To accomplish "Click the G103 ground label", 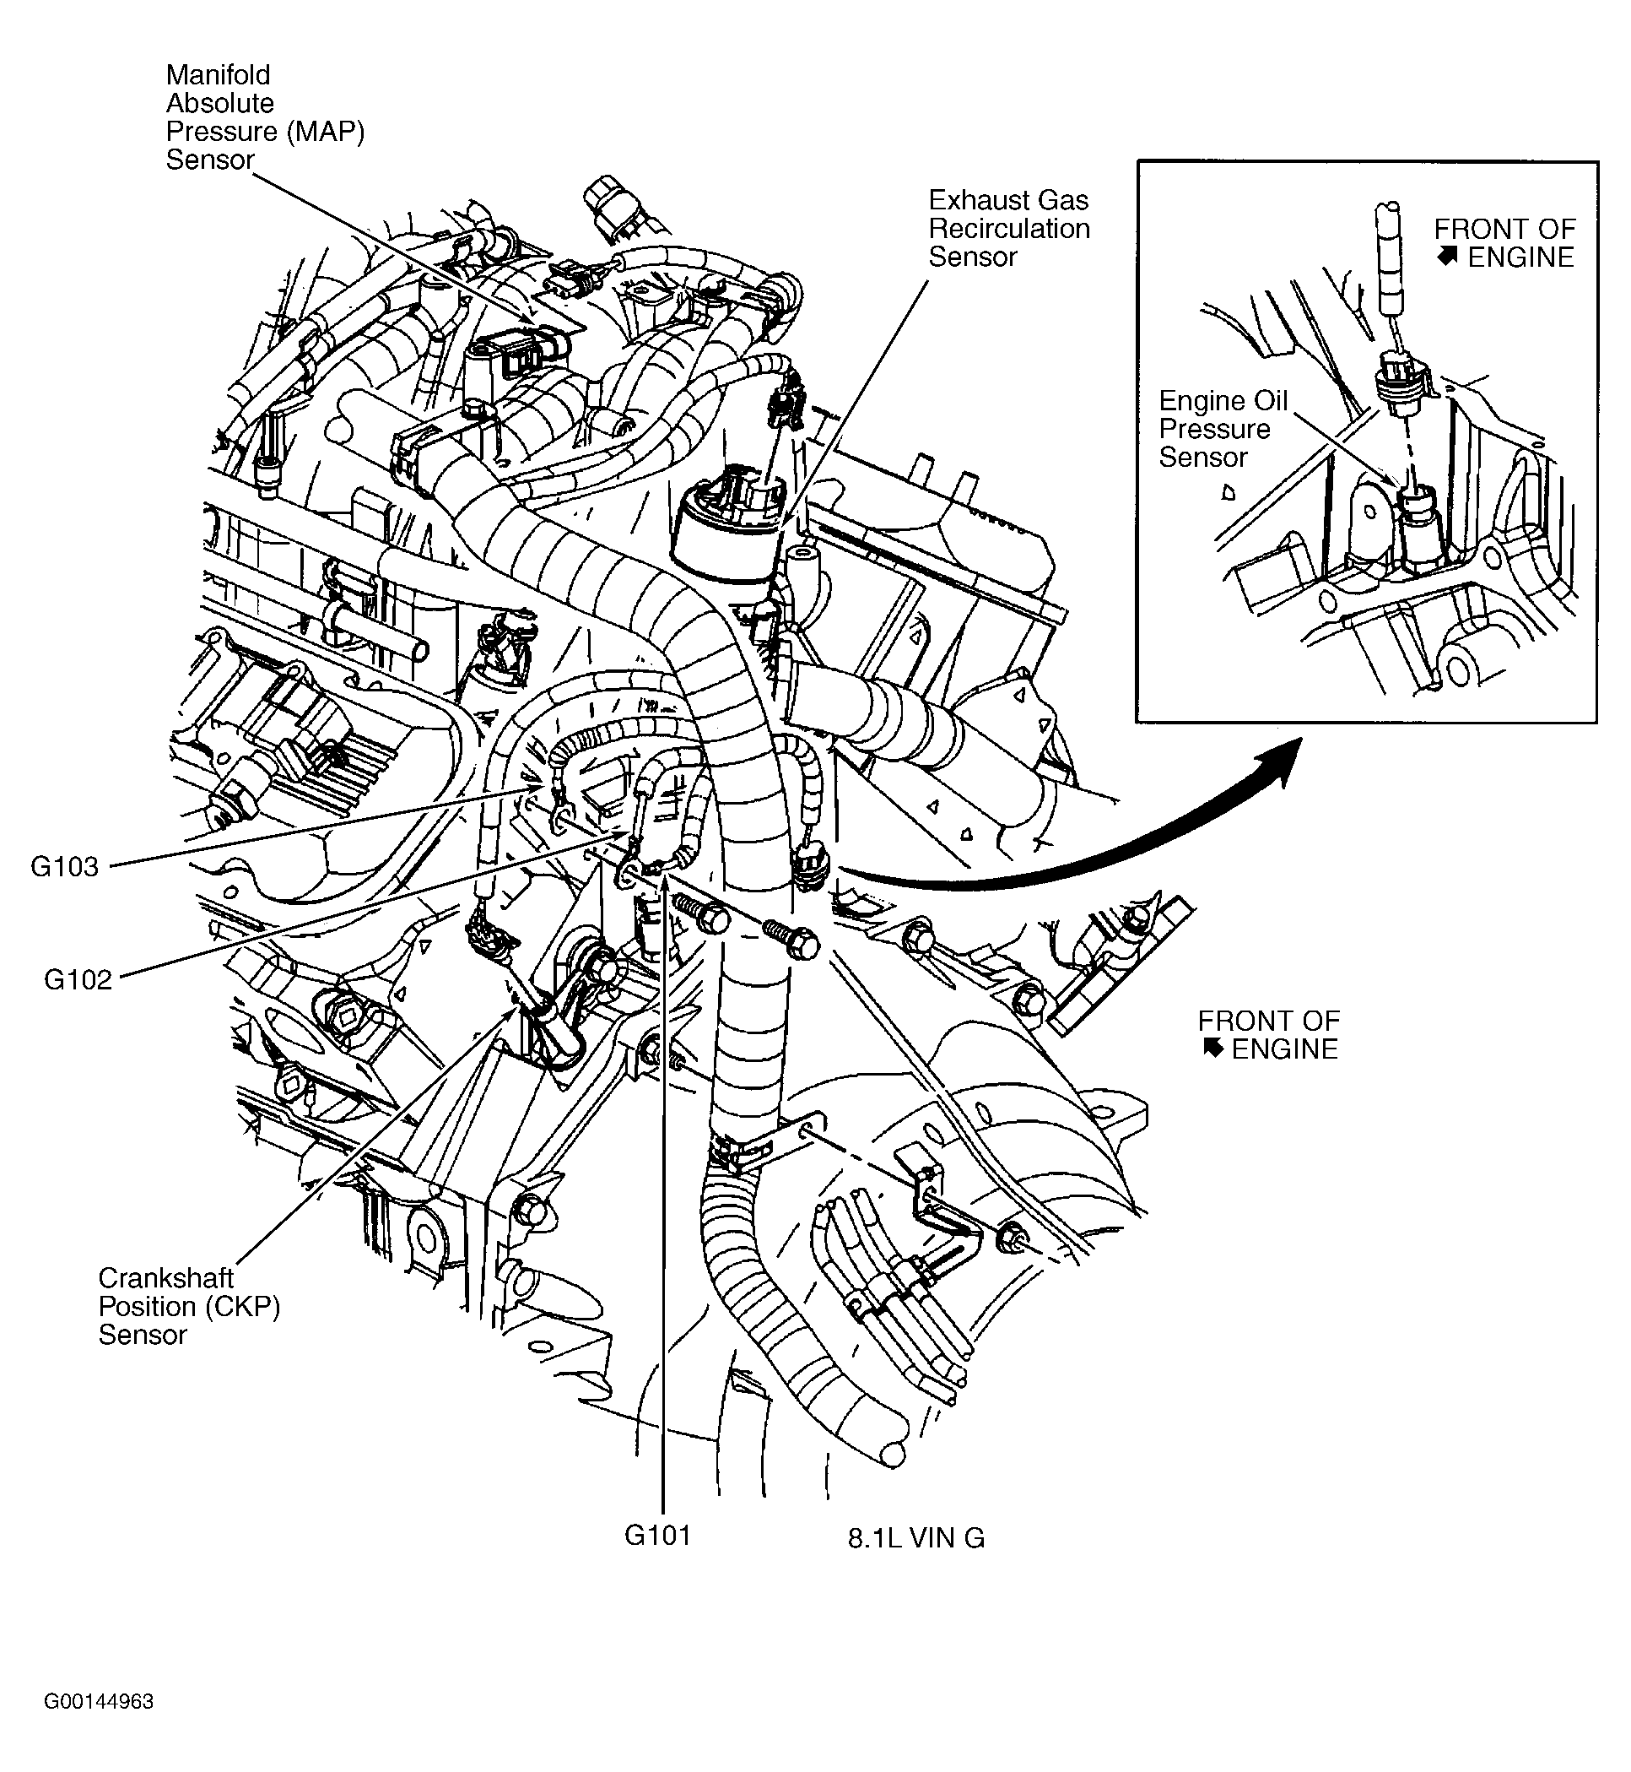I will [x=64, y=867].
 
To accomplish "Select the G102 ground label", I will [x=78, y=980].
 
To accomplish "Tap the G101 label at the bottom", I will [x=657, y=1536].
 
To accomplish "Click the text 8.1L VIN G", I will [x=916, y=1539].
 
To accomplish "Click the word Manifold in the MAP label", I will [x=218, y=75].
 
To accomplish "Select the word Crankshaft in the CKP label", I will [x=166, y=1277].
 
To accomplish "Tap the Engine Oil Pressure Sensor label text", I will [x=1223, y=429].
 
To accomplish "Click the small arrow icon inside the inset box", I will [x=1446, y=257].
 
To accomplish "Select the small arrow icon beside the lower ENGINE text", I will [x=1212, y=1048].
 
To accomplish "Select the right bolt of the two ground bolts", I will [x=791, y=940].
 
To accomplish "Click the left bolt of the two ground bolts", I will [x=703, y=913].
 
